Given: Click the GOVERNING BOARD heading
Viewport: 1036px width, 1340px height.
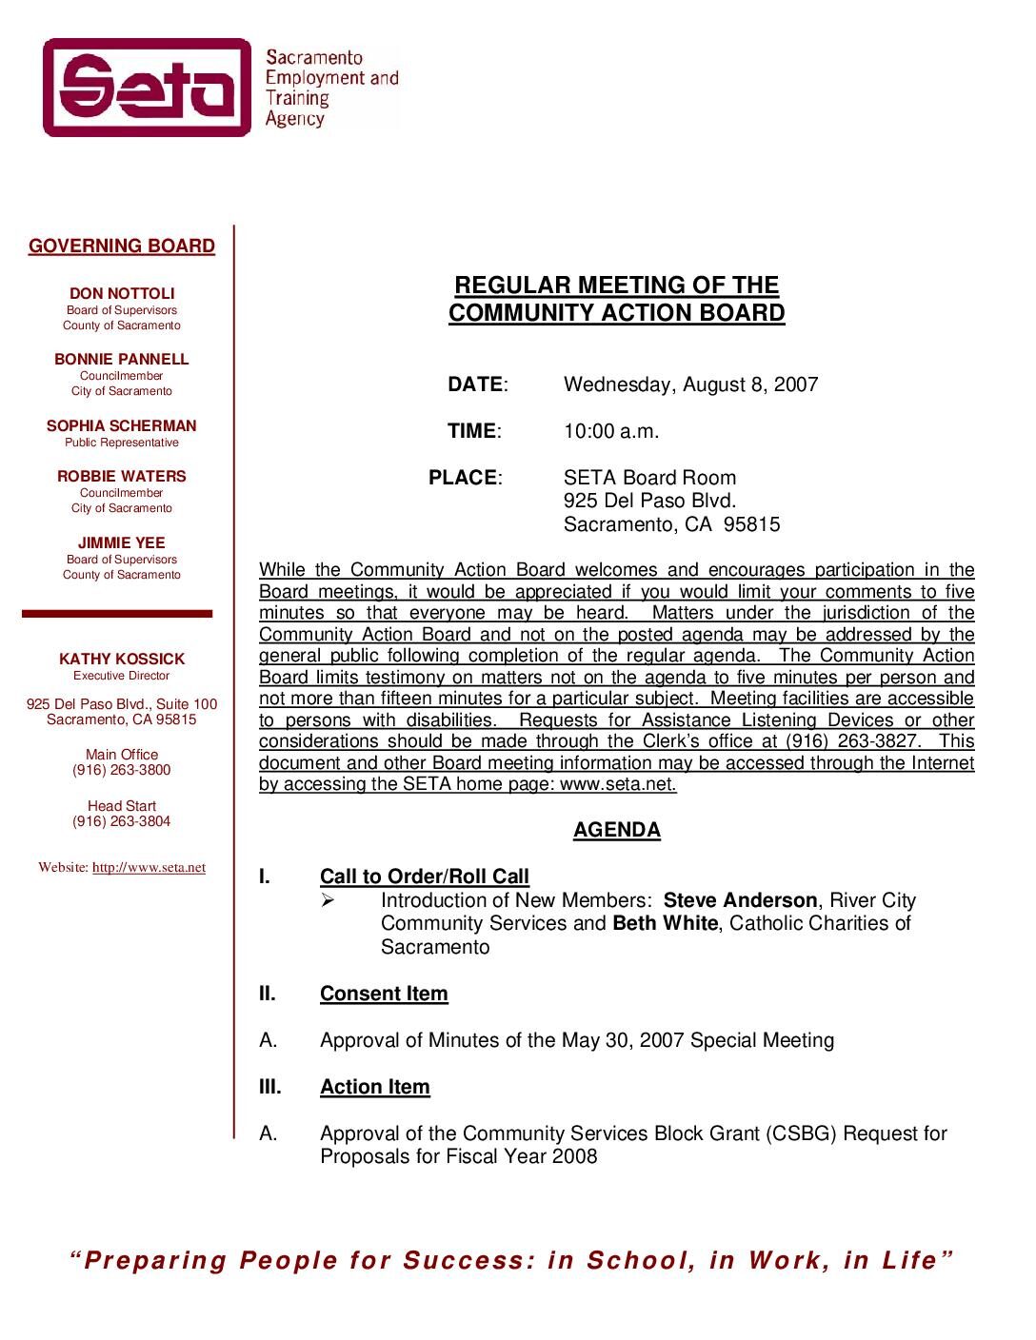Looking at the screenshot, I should click(x=122, y=246).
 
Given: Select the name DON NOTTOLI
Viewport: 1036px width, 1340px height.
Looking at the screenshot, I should click(x=122, y=294).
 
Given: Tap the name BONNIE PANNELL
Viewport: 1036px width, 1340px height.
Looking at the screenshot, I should click(x=122, y=360).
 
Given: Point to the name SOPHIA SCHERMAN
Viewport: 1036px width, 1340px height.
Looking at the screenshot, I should click(x=122, y=426).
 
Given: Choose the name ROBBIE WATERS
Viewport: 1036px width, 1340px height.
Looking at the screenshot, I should click(x=122, y=477).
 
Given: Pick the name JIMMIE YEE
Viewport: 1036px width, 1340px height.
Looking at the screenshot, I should click(x=122, y=543).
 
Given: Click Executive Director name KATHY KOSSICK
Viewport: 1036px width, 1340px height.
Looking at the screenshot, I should click(x=122, y=660).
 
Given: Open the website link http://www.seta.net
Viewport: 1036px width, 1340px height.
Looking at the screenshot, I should click(x=149, y=868).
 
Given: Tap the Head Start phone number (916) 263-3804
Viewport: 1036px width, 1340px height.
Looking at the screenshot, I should click(x=122, y=821).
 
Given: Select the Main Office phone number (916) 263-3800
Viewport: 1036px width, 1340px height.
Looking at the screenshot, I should click(x=122, y=770).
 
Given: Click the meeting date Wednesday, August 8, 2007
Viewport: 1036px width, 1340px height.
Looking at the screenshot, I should click(x=690, y=384).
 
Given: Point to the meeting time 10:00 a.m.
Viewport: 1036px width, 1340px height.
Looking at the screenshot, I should click(x=611, y=431).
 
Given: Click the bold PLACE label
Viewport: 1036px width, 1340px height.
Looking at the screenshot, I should click(x=464, y=478).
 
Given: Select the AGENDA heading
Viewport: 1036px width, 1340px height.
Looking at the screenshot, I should click(x=616, y=830).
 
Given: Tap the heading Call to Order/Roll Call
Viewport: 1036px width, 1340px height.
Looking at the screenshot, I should click(x=425, y=877).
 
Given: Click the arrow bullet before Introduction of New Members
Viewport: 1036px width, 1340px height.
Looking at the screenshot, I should click(x=329, y=900).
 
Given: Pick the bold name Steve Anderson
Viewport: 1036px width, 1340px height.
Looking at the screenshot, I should click(x=740, y=900).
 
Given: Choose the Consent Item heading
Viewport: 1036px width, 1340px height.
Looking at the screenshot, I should click(x=384, y=994).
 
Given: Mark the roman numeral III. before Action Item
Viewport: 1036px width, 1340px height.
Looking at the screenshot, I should click(x=271, y=1087).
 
